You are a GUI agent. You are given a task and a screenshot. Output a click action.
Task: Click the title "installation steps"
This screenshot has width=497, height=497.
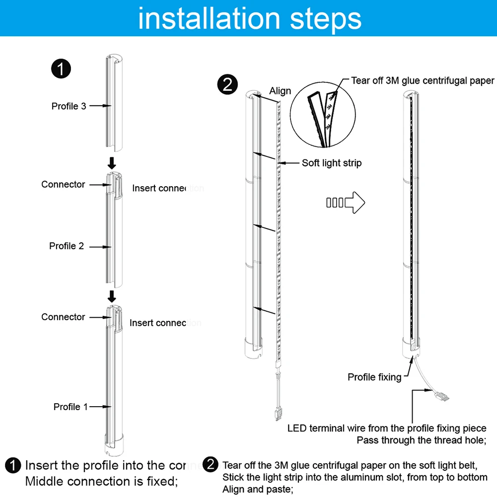(x=249, y=18)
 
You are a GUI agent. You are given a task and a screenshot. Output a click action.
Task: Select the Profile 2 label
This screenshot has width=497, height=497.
(x=67, y=246)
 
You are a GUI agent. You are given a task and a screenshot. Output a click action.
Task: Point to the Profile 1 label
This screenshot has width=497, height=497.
(x=71, y=407)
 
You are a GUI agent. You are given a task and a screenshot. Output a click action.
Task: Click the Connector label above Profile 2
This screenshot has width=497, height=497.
(x=63, y=184)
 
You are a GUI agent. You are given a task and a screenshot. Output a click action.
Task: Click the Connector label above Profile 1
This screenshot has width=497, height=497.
(x=63, y=317)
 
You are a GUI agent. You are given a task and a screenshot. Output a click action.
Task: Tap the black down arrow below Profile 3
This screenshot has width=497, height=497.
(x=112, y=162)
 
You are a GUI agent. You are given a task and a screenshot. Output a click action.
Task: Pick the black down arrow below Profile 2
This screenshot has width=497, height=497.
(x=112, y=296)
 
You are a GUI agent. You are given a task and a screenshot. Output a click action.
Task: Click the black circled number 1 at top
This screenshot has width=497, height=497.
(x=61, y=69)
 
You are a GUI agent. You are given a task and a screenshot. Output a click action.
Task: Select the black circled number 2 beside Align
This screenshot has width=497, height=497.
(x=228, y=85)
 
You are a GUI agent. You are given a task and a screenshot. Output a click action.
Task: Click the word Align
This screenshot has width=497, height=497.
(x=280, y=91)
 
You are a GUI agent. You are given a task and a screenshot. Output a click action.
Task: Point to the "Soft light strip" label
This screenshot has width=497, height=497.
(x=332, y=163)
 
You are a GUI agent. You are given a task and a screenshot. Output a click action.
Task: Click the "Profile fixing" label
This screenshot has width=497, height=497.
(x=374, y=377)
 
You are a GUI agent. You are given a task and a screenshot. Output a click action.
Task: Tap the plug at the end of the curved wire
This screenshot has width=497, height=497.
(x=442, y=396)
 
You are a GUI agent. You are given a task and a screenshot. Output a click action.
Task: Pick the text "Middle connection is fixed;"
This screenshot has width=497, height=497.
(x=101, y=481)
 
